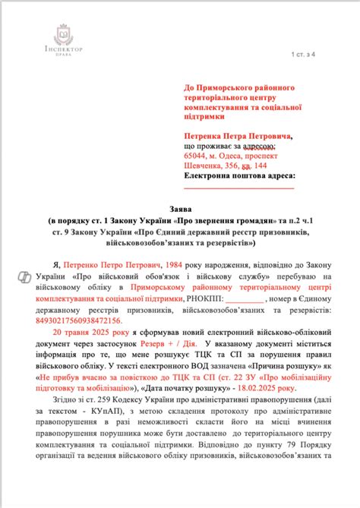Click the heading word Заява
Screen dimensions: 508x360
click(x=179, y=207)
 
